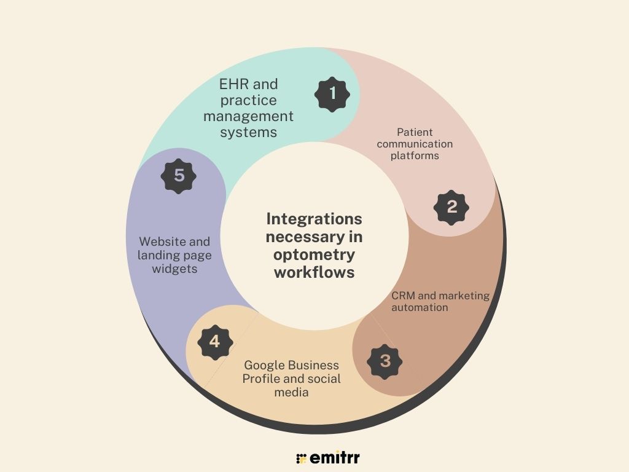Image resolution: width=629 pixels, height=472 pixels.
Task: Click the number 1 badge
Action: click(x=332, y=94)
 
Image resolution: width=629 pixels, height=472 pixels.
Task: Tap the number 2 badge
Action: click(x=451, y=207)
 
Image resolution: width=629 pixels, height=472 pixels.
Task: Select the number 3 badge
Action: click(x=385, y=361)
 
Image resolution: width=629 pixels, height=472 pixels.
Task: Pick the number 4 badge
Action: click(x=214, y=341)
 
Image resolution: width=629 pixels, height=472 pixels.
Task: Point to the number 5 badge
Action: click(x=179, y=176)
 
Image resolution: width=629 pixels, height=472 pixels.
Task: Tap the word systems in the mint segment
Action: click(x=249, y=132)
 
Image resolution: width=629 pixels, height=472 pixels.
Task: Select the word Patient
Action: click(x=415, y=132)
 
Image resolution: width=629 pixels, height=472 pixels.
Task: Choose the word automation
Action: click(x=420, y=307)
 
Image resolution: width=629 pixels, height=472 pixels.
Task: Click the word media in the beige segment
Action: click(x=292, y=391)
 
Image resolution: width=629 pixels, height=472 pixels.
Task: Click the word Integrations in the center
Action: click(x=314, y=219)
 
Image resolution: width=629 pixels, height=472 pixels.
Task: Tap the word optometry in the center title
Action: click(x=314, y=254)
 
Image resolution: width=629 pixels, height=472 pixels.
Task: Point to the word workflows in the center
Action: click(x=314, y=272)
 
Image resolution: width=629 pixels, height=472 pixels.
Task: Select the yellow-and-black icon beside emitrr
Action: click(x=301, y=458)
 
